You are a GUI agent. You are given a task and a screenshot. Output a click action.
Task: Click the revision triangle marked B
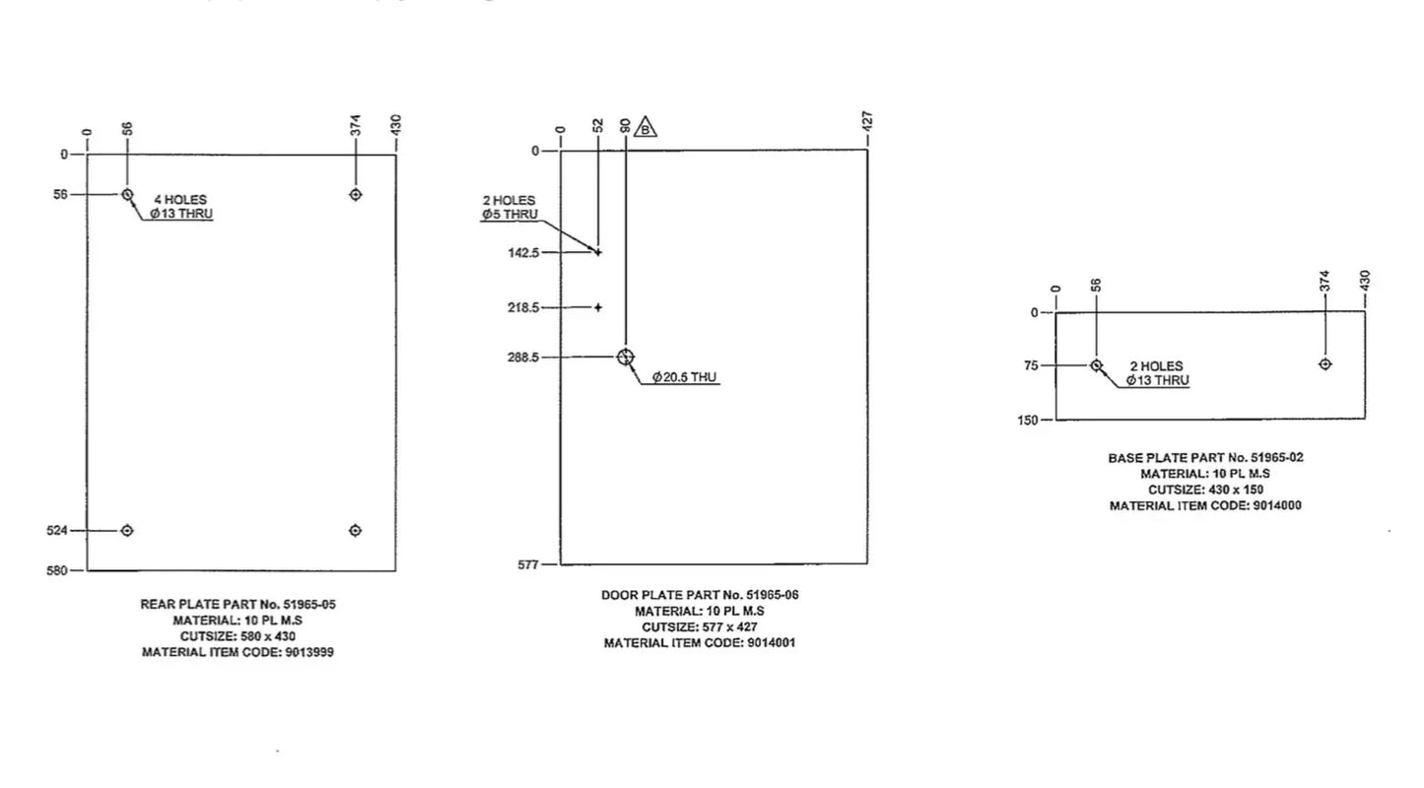coord(645,127)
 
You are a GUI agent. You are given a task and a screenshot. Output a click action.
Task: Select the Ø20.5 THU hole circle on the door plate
coord(626,358)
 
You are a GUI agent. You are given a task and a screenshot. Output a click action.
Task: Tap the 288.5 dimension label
coord(522,358)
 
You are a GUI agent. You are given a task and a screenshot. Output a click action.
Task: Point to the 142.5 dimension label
coord(523,253)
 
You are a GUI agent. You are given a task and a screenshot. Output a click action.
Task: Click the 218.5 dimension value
coord(523,307)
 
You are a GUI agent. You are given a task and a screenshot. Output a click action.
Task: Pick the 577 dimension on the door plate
coord(527,565)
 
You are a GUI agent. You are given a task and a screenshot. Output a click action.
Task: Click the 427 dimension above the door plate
coord(868,121)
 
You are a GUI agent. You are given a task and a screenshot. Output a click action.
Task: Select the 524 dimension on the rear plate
coord(56,531)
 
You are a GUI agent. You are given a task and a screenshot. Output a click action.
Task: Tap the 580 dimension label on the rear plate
coord(56,570)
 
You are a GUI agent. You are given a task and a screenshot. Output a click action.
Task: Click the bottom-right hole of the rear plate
coord(356,530)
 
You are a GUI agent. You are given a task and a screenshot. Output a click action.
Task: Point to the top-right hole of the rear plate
coord(356,194)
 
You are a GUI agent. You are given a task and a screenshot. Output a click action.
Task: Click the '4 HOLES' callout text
coord(180,200)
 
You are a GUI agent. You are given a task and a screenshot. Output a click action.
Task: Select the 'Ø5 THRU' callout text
coord(509,214)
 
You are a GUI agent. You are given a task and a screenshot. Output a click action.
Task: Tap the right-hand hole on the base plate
coord(1324,364)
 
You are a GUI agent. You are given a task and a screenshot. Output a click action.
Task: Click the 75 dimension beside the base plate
coord(1031,365)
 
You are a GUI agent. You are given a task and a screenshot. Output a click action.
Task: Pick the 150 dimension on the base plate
coord(1027,420)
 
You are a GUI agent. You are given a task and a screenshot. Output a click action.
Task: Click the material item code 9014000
coord(1277,506)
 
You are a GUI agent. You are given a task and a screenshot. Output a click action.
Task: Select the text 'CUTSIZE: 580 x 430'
coord(237,636)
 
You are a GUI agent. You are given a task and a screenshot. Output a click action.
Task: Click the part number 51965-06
coord(773,595)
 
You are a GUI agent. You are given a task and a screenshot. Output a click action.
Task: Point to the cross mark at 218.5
coord(597,307)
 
